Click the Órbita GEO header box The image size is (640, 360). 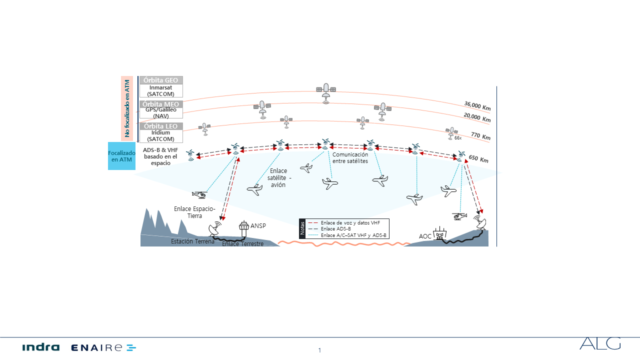pyautogui.click(x=160, y=80)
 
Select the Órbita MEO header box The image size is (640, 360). pyautogui.click(x=160, y=104)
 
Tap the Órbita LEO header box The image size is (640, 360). pyautogui.click(x=160, y=126)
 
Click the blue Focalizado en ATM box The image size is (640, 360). pyautogui.click(x=121, y=156)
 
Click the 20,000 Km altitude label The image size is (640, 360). pyautogui.click(x=476, y=118)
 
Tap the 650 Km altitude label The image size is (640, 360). pyautogui.click(x=478, y=159)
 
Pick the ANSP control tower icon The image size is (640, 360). pyautogui.click(x=244, y=229)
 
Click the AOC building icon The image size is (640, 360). pyautogui.click(x=439, y=233)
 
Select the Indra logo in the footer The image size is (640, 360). pyautogui.click(x=40, y=347)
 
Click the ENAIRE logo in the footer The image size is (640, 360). pyautogui.click(x=103, y=347)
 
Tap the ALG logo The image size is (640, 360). pyautogui.click(x=600, y=343)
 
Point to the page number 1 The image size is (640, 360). pyautogui.click(x=319, y=350)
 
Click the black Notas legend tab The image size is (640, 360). pyautogui.click(x=302, y=228)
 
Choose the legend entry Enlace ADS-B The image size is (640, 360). pyautogui.click(x=335, y=228)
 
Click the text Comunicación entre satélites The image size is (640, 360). pyautogui.click(x=350, y=158)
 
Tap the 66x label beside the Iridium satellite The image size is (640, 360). pyautogui.click(x=458, y=137)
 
